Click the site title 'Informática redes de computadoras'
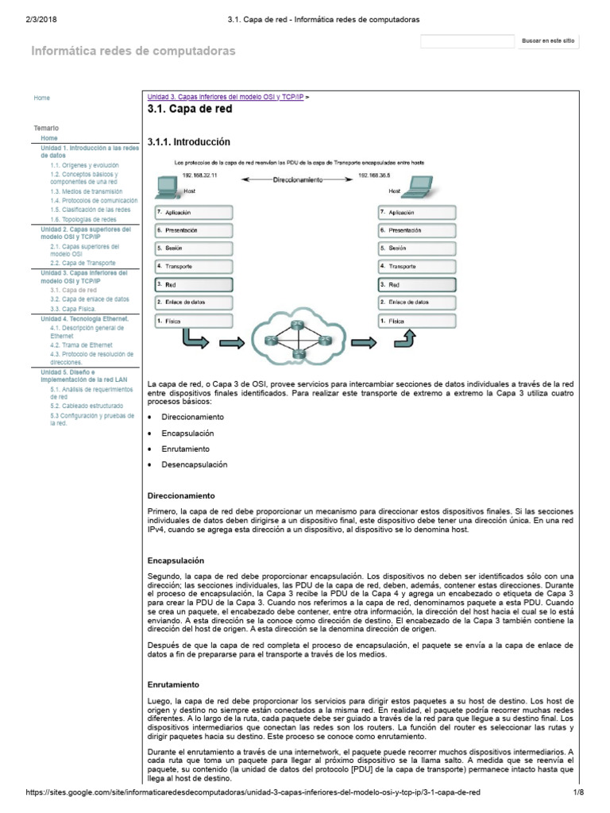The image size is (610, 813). click(x=133, y=51)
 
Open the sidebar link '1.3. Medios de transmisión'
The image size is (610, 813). click(x=86, y=191)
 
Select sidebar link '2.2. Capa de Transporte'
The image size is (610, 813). click(x=83, y=262)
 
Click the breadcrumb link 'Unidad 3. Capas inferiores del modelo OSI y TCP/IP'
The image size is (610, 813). click(x=226, y=96)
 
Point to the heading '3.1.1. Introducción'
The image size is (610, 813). click(x=188, y=142)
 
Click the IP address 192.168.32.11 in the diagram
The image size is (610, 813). click(x=199, y=174)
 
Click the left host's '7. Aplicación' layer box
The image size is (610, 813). click(x=194, y=212)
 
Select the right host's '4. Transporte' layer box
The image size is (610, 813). click(x=417, y=266)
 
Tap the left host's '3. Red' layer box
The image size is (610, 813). click(x=194, y=284)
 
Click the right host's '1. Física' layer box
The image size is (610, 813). click(x=417, y=320)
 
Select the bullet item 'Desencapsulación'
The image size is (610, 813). click(x=194, y=464)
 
